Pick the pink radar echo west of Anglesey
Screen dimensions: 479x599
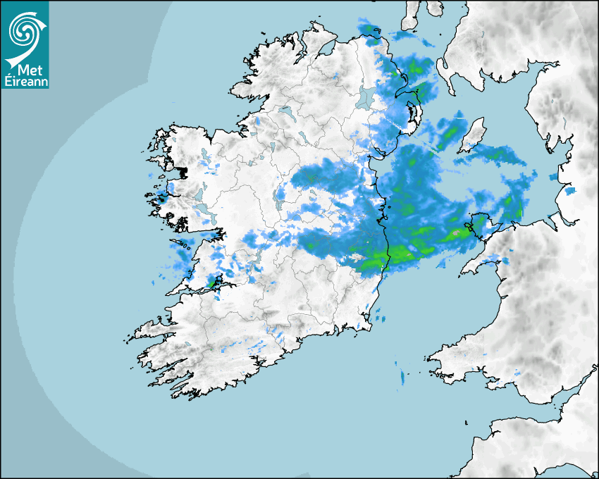(457, 232)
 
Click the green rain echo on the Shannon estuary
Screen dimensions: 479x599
(212, 282)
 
